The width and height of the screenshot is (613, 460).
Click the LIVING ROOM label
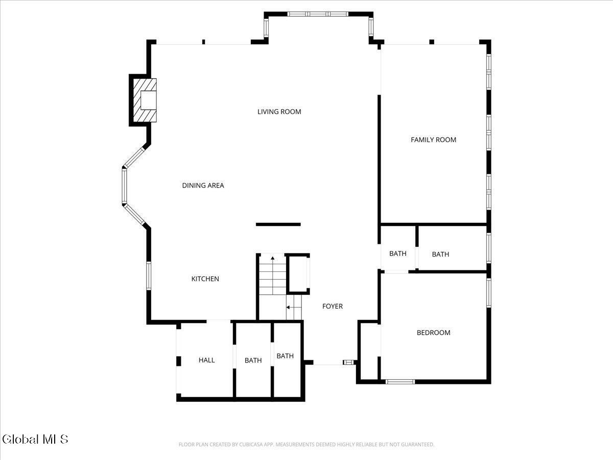click(279, 111)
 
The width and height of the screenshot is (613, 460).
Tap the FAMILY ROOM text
click(433, 140)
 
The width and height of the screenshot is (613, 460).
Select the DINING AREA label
click(203, 186)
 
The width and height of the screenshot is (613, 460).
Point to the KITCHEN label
click(205, 279)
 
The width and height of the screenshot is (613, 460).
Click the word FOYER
click(332, 306)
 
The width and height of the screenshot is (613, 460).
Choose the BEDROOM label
click(433, 333)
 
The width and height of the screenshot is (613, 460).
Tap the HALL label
click(206, 360)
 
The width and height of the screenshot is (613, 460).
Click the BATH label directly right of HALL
click(253, 360)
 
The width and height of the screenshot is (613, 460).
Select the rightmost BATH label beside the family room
click(440, 254)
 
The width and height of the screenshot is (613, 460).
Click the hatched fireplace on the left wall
click(145, 100)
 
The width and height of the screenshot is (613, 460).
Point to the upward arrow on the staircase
click(272, 260)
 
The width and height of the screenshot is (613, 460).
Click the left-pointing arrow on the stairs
click(289, 307)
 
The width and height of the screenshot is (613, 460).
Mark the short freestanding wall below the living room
click(278, 224)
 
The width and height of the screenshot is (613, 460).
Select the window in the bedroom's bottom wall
click(399, 381)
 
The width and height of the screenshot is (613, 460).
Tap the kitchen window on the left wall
click(149, 275)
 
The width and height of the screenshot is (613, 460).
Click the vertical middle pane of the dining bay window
click(124, 187)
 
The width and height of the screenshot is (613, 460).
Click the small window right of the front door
click(348, 362)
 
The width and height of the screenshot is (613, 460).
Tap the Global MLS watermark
click(35, 439)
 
